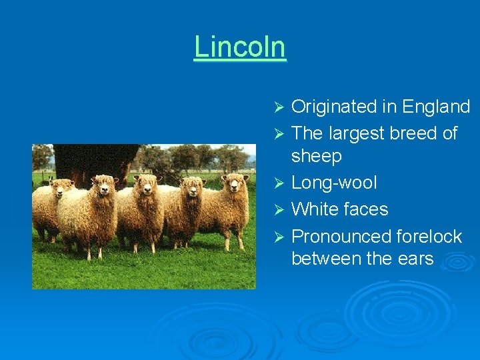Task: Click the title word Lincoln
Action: click(x=240, y=47)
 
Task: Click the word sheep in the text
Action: click(x=317, y=157)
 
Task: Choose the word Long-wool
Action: click(x=334, y=183)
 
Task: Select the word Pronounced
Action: click(x=341, y=237)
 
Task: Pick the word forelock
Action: click(x=429, y=237)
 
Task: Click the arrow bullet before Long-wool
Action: click(x=281, y=183)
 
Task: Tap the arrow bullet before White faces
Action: click(x=281, y=210)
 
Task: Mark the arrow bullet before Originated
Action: click(x=281, y=107)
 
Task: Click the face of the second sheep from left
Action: click(x=105, y=189)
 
